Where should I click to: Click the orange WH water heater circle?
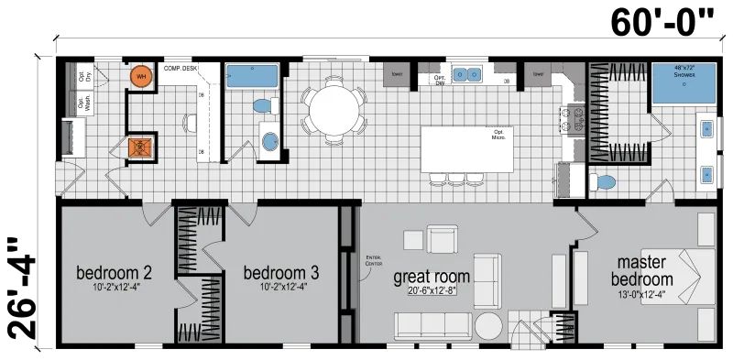(x=141, y=78)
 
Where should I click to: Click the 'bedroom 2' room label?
(x=114, y=273)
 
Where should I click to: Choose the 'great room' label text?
(x=432, y=276)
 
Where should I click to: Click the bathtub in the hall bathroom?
(x=252, y=76)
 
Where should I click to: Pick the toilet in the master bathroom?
(x=603, y=182)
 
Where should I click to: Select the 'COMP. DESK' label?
(x=181, y=68)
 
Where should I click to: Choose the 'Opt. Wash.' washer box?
(x=83, y=103)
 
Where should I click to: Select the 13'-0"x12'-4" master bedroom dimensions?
(x=642, y=294)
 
